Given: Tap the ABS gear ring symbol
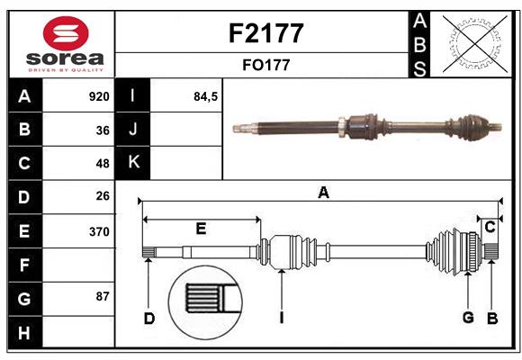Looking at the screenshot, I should click(x=475, y=42).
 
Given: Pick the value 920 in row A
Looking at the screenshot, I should click(x=99, y=96).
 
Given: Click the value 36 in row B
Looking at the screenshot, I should click(x=103, y=130).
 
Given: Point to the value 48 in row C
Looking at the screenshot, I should click(x=103, y=163).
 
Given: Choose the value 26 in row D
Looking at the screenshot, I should click(x=103, y=196).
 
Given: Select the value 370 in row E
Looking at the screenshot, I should click(x=99, y=230).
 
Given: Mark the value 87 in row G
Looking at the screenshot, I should click(x=103, y=296).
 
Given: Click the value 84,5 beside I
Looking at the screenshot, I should click(x=206, y=96).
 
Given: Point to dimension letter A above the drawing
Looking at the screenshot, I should click(x=323, y=192).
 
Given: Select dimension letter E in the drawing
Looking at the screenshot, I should click(x=202, y=229).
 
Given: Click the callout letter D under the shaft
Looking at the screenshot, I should click(x=149, y=317).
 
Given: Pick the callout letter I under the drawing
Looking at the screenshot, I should click(x=282, y=317).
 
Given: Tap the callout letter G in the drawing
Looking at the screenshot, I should click(x=468, y=317).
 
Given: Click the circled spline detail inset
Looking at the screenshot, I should click(x=206, y=301).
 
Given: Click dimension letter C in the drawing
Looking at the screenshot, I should click(x=490, y=228).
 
